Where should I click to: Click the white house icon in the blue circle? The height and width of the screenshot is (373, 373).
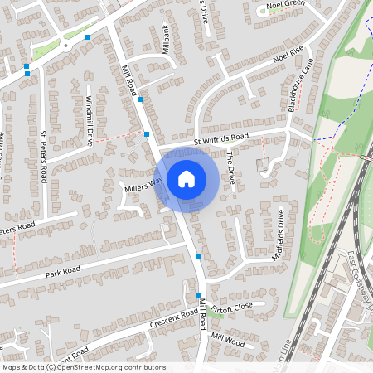click(x=186, y=178)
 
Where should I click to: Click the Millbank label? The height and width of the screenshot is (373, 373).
click(x=165, y=39)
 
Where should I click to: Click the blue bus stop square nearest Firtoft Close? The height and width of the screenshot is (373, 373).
click(x=200, y=295)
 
